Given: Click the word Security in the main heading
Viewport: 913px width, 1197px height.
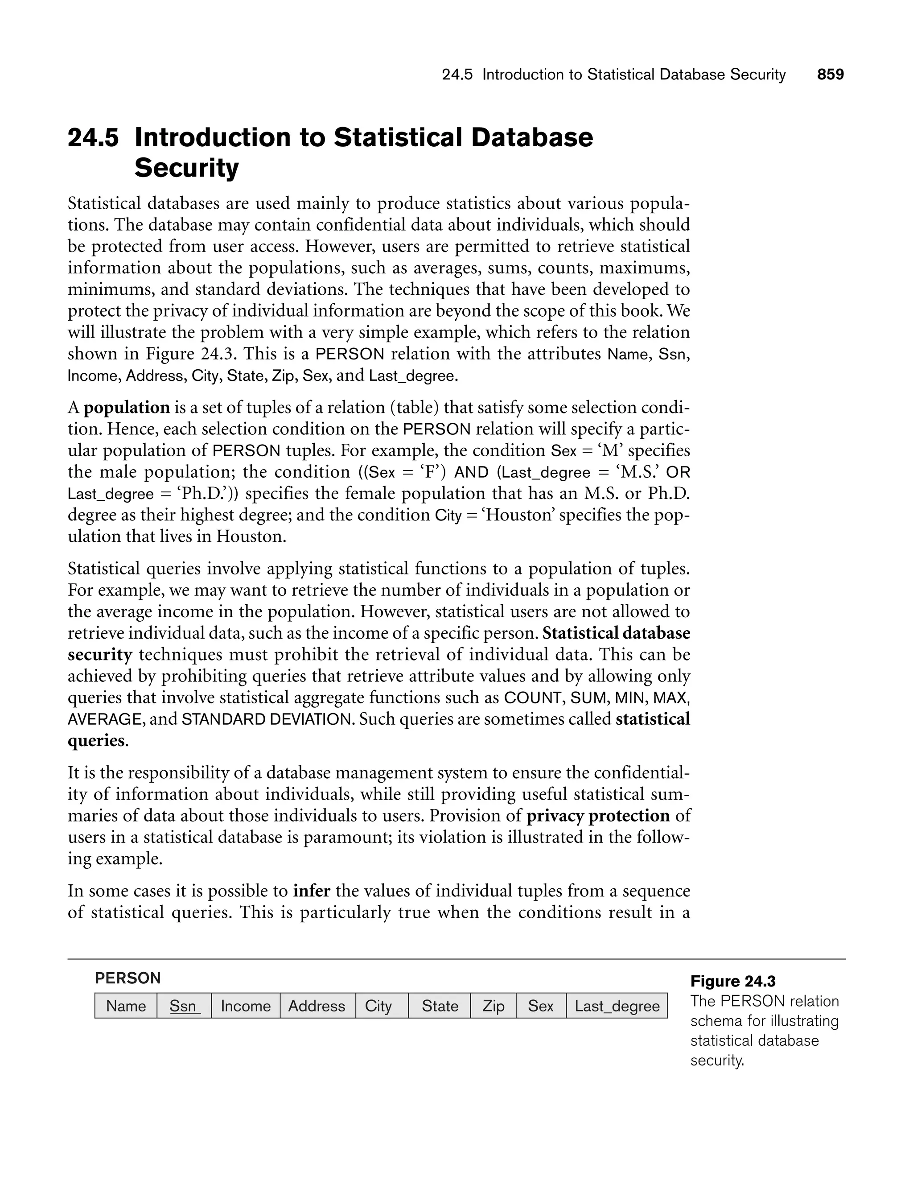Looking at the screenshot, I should pyautogui.click(x=186, y=168).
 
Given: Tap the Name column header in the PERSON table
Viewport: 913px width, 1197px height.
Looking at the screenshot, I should pyautogui.click(x=126, y=1006).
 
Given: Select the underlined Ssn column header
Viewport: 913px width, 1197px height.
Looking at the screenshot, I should pyautogui.click(x=184, y=1006).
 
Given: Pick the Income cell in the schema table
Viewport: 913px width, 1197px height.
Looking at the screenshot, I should pyautogui.click(x=246, y=1006).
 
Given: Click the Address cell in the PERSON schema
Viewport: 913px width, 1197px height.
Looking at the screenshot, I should pyautogui.click(x=317, y=1006).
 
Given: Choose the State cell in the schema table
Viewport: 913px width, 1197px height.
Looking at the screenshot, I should pyautogui.click(x=440, y=1006).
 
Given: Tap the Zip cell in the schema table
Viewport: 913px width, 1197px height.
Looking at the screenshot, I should pyautogui.click(x=494, y=1006).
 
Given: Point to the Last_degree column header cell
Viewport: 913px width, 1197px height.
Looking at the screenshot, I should pyautogui.click(x=617, y=1006).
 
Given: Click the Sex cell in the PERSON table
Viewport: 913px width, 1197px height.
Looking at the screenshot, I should pyautogui.click(x=541, y=1006).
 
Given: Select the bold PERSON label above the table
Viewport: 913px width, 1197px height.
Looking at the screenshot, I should pyautogui.click(x=127, y=978).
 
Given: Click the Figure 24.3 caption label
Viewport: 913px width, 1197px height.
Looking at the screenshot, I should pyautogui.click(x=732, y=981).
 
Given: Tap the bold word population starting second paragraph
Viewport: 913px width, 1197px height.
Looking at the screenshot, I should pyautogui.click(x=127, y=408).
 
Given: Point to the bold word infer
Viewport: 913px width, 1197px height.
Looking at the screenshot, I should pyautogui.click(x=312, y=891).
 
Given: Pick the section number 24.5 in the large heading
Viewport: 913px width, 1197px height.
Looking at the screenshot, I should pyautogui.click(x=93, y=137).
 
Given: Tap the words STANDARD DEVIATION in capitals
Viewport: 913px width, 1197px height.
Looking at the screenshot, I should pyautogui.click(x=266, y=720).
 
